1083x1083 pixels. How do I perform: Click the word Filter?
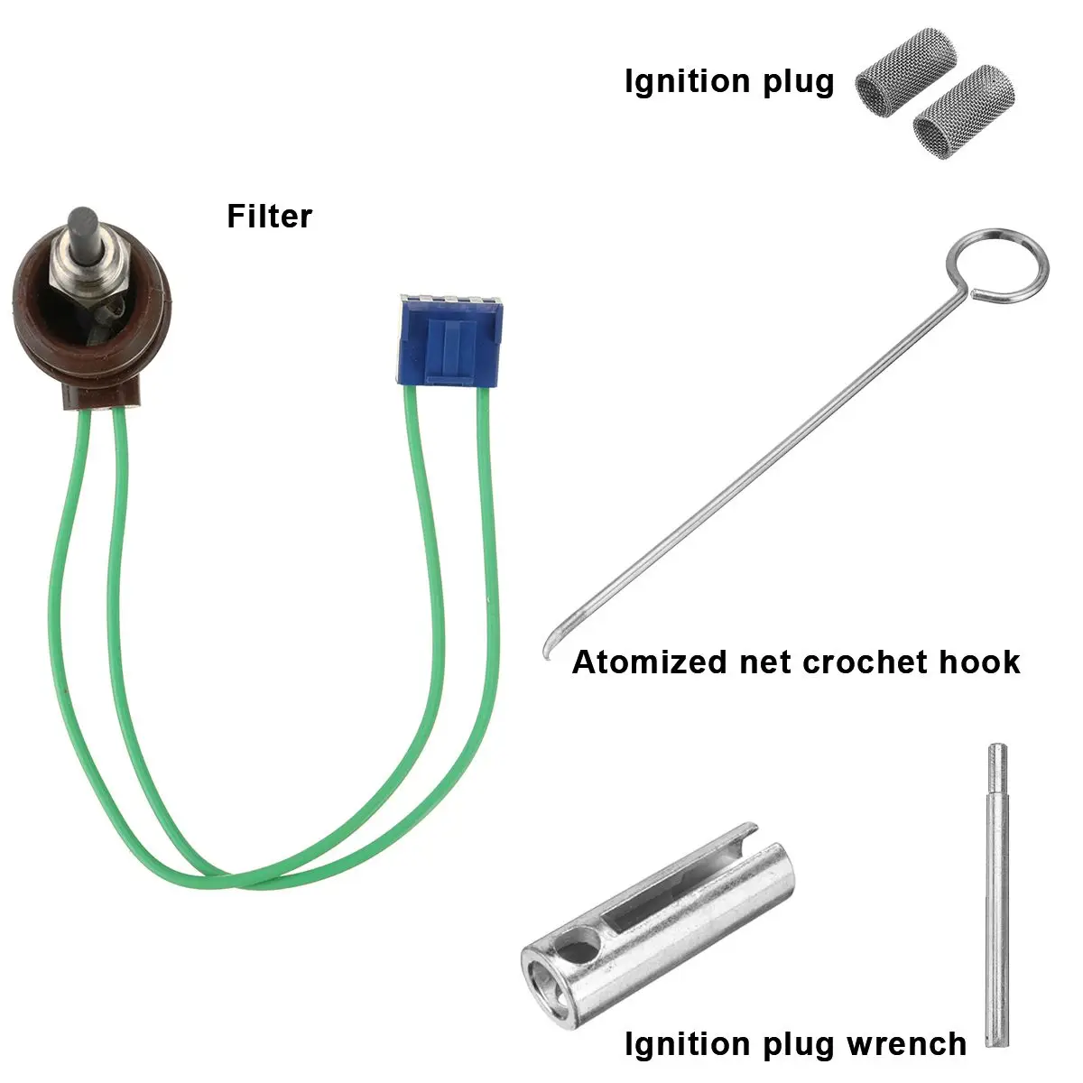pyautogui.click(x=269, y=217)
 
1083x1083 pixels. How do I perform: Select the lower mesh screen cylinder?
pyautogui.click(x=950, y=114)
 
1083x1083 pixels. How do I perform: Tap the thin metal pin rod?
pyautogui.click(x=995, y=893)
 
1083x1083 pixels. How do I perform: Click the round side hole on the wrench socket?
pyautogui.click(x=584, y=948)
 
